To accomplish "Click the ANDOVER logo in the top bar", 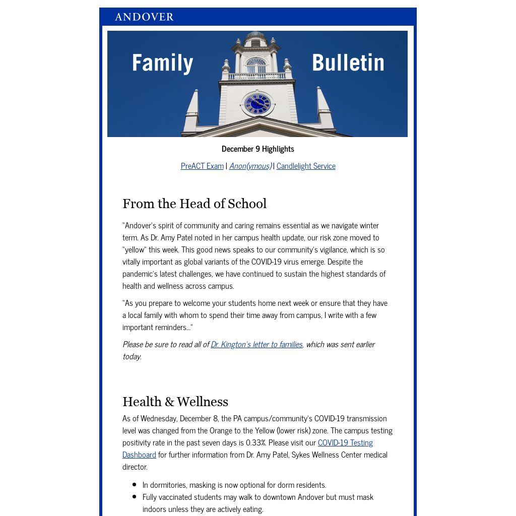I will click(144, 17).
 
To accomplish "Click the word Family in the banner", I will click(162, 63).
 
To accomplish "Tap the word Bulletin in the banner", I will click(348, 63).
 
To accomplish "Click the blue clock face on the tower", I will click(257, 104).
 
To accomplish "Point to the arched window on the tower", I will click(256, 65).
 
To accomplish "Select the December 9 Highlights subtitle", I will click(257, 149).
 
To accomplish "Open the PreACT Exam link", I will click(202, 166).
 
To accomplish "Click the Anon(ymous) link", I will click(250, 166).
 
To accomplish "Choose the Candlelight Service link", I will click(306, 166).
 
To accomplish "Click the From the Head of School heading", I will click(195, 204).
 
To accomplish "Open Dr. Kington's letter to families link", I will click(256, 344).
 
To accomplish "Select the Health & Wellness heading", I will click(175, 402).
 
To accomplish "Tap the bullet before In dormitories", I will click(134, 485).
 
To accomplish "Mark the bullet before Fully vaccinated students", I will click(134, 497).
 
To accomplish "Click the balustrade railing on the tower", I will click(256, 76).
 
